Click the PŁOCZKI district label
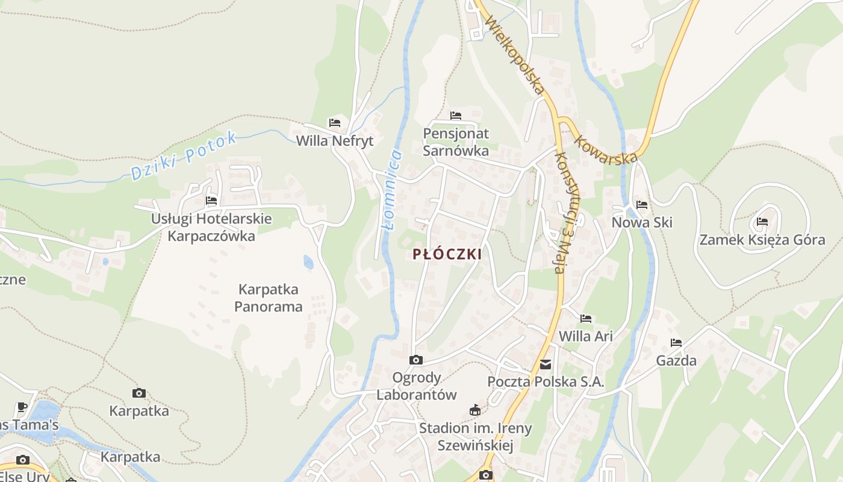click(x=447, y=254)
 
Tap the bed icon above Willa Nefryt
click(x=335, y=123)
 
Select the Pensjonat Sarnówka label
click(x=456, y=142)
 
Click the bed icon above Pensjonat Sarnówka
click(x=456, y=115)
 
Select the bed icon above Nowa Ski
click(x=642, y=205)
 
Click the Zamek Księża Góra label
click(x=762, y=240)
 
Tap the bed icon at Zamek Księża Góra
click(x=762, y=221)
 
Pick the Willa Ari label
click(x=585, y=336)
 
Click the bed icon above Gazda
click(x=676, y=343)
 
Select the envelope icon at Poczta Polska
click(x=546, y=364)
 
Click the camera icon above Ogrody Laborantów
click(x=415, y=360)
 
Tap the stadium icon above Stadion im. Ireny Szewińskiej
click(x=475, y=410)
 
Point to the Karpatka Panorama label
click(x=268, y=298)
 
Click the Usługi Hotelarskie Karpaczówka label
click(x=211, y=227)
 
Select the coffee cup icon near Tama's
click(x=22, y=406)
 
